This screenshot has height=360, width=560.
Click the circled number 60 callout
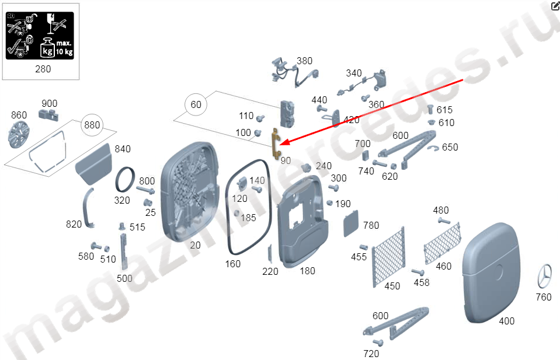tap(196, 104)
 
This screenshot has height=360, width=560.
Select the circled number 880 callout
tap(92, 125)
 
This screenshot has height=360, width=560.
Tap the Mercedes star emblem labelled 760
tap(545, 276)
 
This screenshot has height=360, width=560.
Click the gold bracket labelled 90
tap(276, 143)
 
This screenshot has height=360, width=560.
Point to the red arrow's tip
tap(280, 145)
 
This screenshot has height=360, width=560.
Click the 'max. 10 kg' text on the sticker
tap(64, 47)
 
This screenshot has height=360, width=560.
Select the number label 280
tap(43, 69)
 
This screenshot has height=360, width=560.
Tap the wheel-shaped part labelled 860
tap(18, 134)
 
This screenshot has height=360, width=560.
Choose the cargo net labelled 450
tap(388, 257)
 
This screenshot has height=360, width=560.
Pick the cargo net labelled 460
tap(442, 243)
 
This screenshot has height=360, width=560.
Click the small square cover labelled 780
tap(351, 223)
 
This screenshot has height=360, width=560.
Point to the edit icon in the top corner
tap(555, 6)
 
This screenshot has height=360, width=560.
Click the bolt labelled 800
tap(145, 190)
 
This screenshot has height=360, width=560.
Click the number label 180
tap(307, 271)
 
